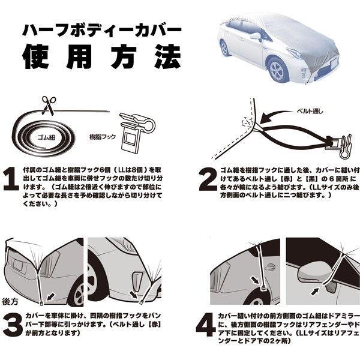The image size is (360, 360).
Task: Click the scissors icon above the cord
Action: (48, 104)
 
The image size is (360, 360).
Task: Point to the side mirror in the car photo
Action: (256, 37)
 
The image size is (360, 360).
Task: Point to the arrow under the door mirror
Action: (317, 290)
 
